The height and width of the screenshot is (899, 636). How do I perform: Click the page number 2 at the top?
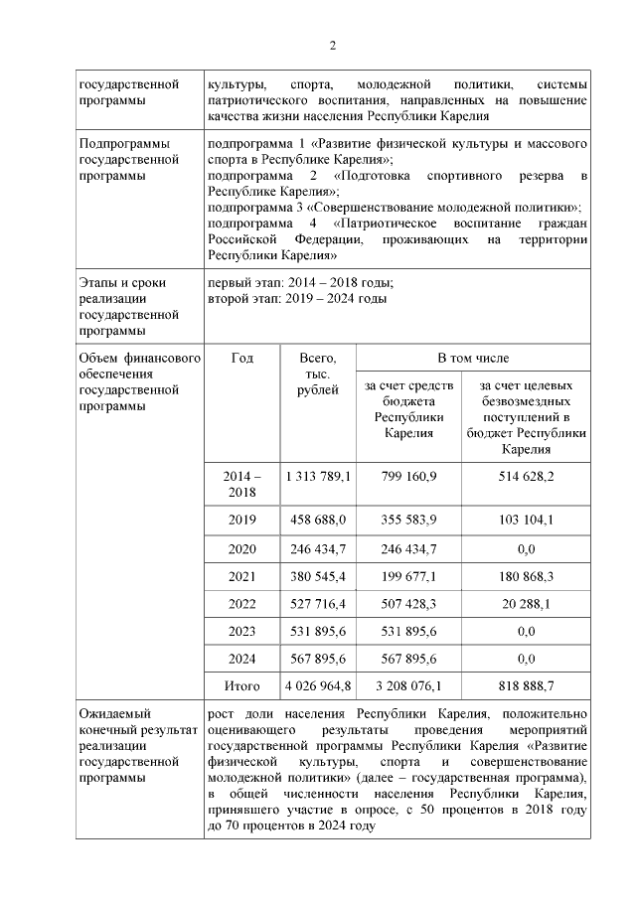(333, 46)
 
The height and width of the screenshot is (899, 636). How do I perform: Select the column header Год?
(241, 357)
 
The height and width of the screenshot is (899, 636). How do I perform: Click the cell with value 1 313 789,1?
(317, 477)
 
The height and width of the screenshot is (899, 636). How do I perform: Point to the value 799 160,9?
(408, 477)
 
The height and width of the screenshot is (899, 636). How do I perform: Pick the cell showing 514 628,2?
(526, 477)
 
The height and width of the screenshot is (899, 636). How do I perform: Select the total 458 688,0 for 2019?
(317, 520)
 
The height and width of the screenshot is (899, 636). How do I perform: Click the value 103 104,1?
(526, 520)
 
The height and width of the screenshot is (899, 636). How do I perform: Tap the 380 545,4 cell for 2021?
(317, 575)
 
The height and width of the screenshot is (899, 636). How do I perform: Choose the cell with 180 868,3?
(526, 575)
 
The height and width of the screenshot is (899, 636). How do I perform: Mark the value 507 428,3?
(408, 603)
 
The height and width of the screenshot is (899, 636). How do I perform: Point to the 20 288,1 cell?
(526, 603)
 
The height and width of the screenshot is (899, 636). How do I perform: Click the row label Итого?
(241, 685)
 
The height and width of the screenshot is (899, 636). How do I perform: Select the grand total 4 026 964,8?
(317, 685)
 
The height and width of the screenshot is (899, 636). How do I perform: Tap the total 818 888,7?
(526, 685)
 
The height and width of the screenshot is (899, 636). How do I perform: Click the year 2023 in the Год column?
(241, 631)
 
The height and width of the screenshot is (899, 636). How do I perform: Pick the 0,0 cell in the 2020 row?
(526, 547)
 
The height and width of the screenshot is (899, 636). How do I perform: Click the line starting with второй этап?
(297, 299)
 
